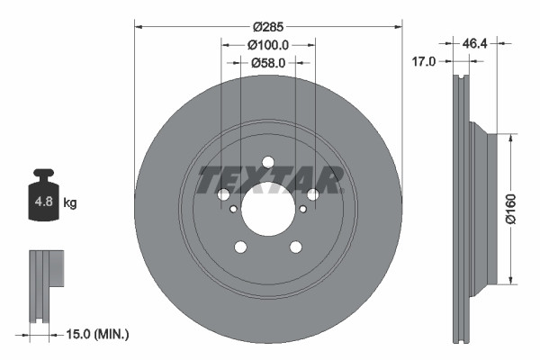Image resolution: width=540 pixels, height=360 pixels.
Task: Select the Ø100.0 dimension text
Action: [x=268, y=44]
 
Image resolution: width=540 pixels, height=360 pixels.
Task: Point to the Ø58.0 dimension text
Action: [x=268, y=62]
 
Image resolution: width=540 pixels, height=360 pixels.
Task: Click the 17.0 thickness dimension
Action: [x=423, y=62]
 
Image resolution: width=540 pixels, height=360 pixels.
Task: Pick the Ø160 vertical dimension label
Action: [x=509, y=206]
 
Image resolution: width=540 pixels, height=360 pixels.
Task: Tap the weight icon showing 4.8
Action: [x=43, y=199]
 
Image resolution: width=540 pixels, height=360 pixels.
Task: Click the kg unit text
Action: [x=70, y=203]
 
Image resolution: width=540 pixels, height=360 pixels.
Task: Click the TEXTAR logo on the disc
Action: [x=268, y=180]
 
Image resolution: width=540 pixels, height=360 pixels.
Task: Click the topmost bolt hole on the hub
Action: [x=268, y=163]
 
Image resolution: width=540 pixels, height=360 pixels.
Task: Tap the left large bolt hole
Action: [x=224, y=194]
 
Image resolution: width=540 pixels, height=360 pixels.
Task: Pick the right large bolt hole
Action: [x=312, y=194]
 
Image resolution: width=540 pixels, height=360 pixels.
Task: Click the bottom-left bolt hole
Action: [x=240, y=247]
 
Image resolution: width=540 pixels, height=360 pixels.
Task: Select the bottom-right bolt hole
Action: [x=295, y=247]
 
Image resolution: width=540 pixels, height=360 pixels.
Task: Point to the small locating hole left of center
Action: [x=234, y=209]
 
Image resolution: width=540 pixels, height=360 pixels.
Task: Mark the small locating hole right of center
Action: [x=302, y=209]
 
